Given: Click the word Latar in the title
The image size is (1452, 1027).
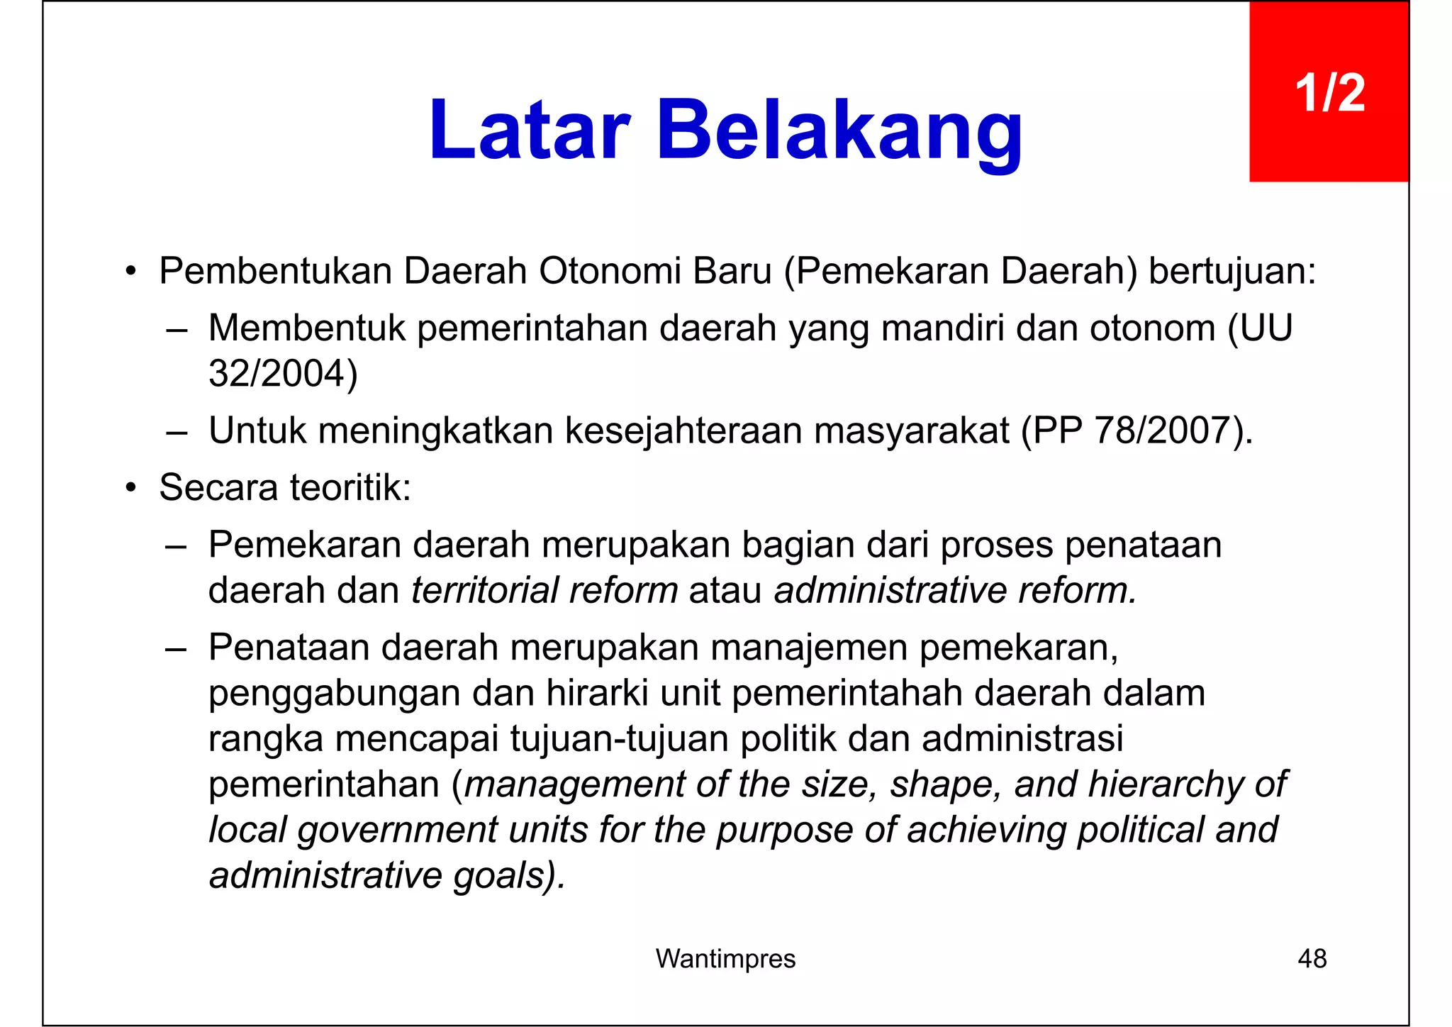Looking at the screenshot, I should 529,131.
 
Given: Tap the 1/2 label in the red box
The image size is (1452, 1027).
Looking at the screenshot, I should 1329,93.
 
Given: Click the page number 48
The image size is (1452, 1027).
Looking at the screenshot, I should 1312,959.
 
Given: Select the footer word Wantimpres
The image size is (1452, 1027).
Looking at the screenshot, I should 725,959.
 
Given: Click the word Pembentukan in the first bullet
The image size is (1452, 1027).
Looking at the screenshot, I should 275,271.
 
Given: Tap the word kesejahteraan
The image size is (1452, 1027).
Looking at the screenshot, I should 683,431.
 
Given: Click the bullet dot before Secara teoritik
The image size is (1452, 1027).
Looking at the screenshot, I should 130,489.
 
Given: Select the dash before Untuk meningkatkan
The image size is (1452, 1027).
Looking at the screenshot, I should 176,432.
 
